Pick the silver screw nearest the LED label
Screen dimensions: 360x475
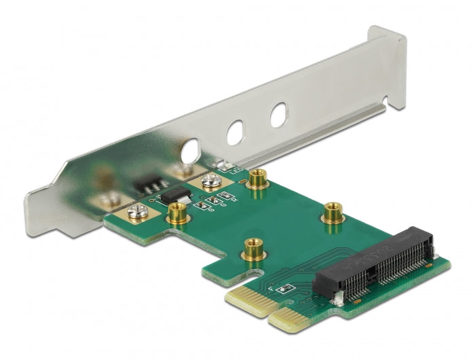[x=209, y=182]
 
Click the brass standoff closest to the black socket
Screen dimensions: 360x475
[x=332, y=211]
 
